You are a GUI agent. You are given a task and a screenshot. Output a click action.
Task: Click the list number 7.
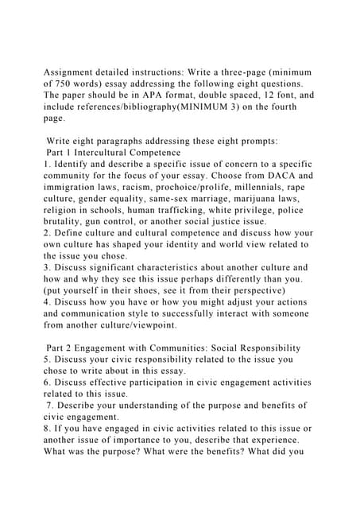[x=49, y=405]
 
